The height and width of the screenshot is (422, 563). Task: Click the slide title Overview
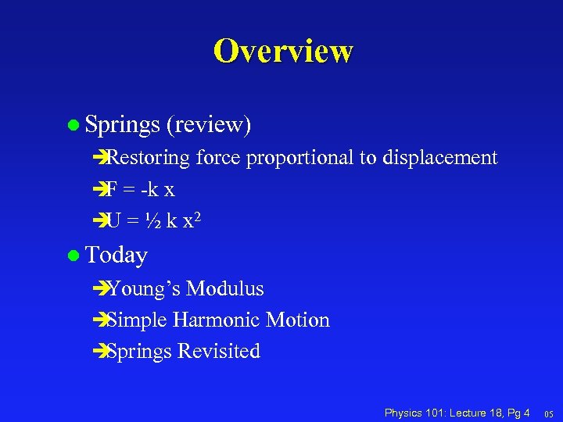point(282,51)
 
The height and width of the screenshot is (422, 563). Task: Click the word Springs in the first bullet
point(120,124)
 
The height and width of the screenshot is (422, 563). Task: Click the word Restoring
point(149,158)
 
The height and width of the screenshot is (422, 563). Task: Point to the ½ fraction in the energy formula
point(156,221)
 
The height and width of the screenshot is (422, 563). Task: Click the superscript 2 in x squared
point(199,216)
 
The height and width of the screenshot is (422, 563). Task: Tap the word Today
point(117,255)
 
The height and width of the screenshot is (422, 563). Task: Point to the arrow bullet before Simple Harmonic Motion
point(99,320)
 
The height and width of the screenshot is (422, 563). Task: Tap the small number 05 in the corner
point(548,413)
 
